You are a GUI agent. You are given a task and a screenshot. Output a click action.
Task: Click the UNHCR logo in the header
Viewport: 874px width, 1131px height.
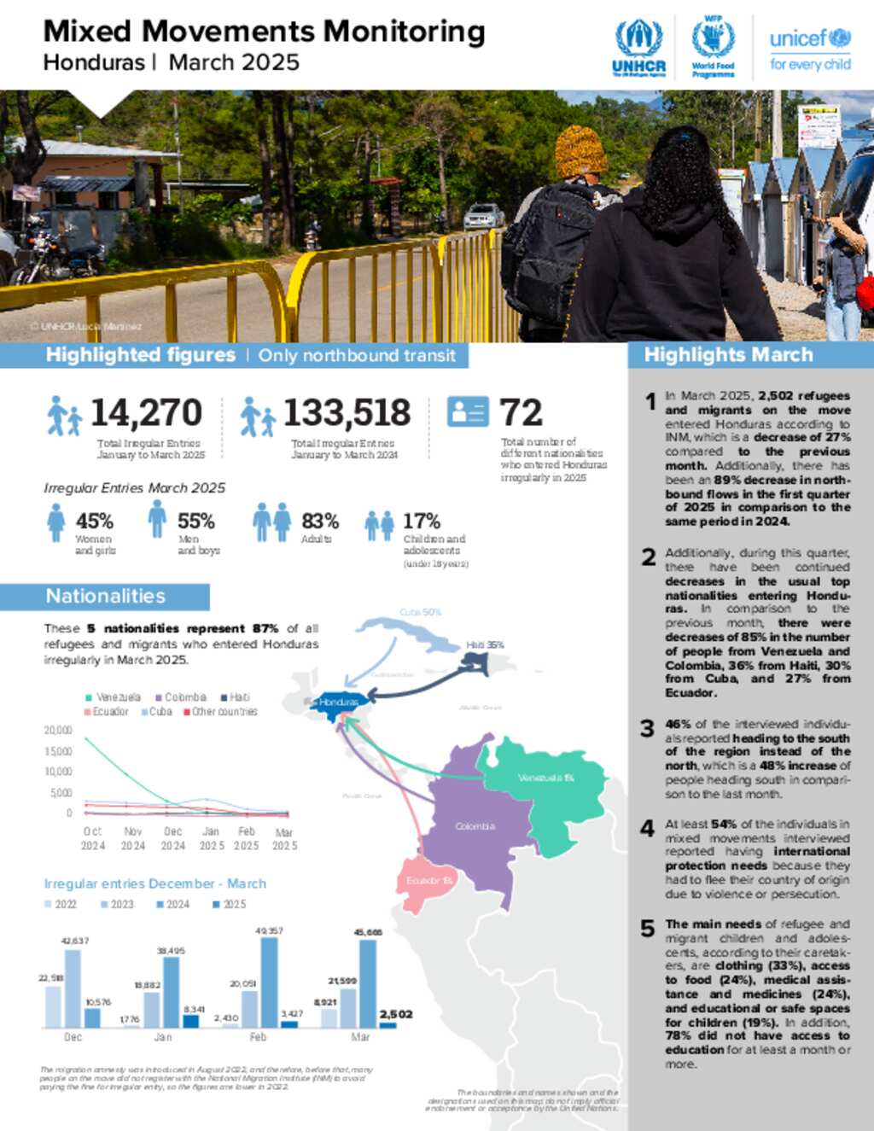click(x=638, y=48)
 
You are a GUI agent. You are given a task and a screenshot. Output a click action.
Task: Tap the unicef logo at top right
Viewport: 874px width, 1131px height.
click(x=810, y=50)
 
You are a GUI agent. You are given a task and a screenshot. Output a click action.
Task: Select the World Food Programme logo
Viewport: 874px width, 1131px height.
click(x=713, y=48)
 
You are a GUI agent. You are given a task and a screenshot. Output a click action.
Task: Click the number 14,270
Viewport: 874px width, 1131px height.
click(x=146, y=413)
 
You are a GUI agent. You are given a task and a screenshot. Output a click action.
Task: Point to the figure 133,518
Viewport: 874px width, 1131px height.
click(x=347, y=413)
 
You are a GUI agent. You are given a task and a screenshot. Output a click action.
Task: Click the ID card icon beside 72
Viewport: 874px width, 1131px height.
click(x=468, y=411)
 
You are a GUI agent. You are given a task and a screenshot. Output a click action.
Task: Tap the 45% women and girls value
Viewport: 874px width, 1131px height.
click(x=94, y=521)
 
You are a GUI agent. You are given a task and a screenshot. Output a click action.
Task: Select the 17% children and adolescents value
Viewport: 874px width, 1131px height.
click(x=422, y=521)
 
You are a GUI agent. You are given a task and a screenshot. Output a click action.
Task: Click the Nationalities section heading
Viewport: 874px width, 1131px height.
click(x=105, y=596)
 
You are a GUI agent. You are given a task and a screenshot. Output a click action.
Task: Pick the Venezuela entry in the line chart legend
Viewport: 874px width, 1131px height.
click(x=114, y=697)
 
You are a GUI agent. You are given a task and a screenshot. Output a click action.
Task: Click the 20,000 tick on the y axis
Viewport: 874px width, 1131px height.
click(x=58, y=731)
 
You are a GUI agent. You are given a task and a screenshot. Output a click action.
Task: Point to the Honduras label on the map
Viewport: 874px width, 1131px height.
click(x=339, y=702)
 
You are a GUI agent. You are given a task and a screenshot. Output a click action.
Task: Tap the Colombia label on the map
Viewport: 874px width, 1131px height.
click(x=475, y=826)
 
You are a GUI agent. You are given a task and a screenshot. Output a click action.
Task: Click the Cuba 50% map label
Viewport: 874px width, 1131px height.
click(x=420, y=612)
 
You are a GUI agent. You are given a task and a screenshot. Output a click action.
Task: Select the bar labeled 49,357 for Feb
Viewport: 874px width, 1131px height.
click(x=270, y=982)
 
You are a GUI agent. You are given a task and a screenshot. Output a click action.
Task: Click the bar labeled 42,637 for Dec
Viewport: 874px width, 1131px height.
click(x=73, y=988)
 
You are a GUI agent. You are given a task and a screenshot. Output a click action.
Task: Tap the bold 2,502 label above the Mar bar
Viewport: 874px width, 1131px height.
click(x=395, y=1014)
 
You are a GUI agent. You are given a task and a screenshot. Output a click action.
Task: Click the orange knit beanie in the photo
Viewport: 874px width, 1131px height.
click(x=580, y=152)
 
